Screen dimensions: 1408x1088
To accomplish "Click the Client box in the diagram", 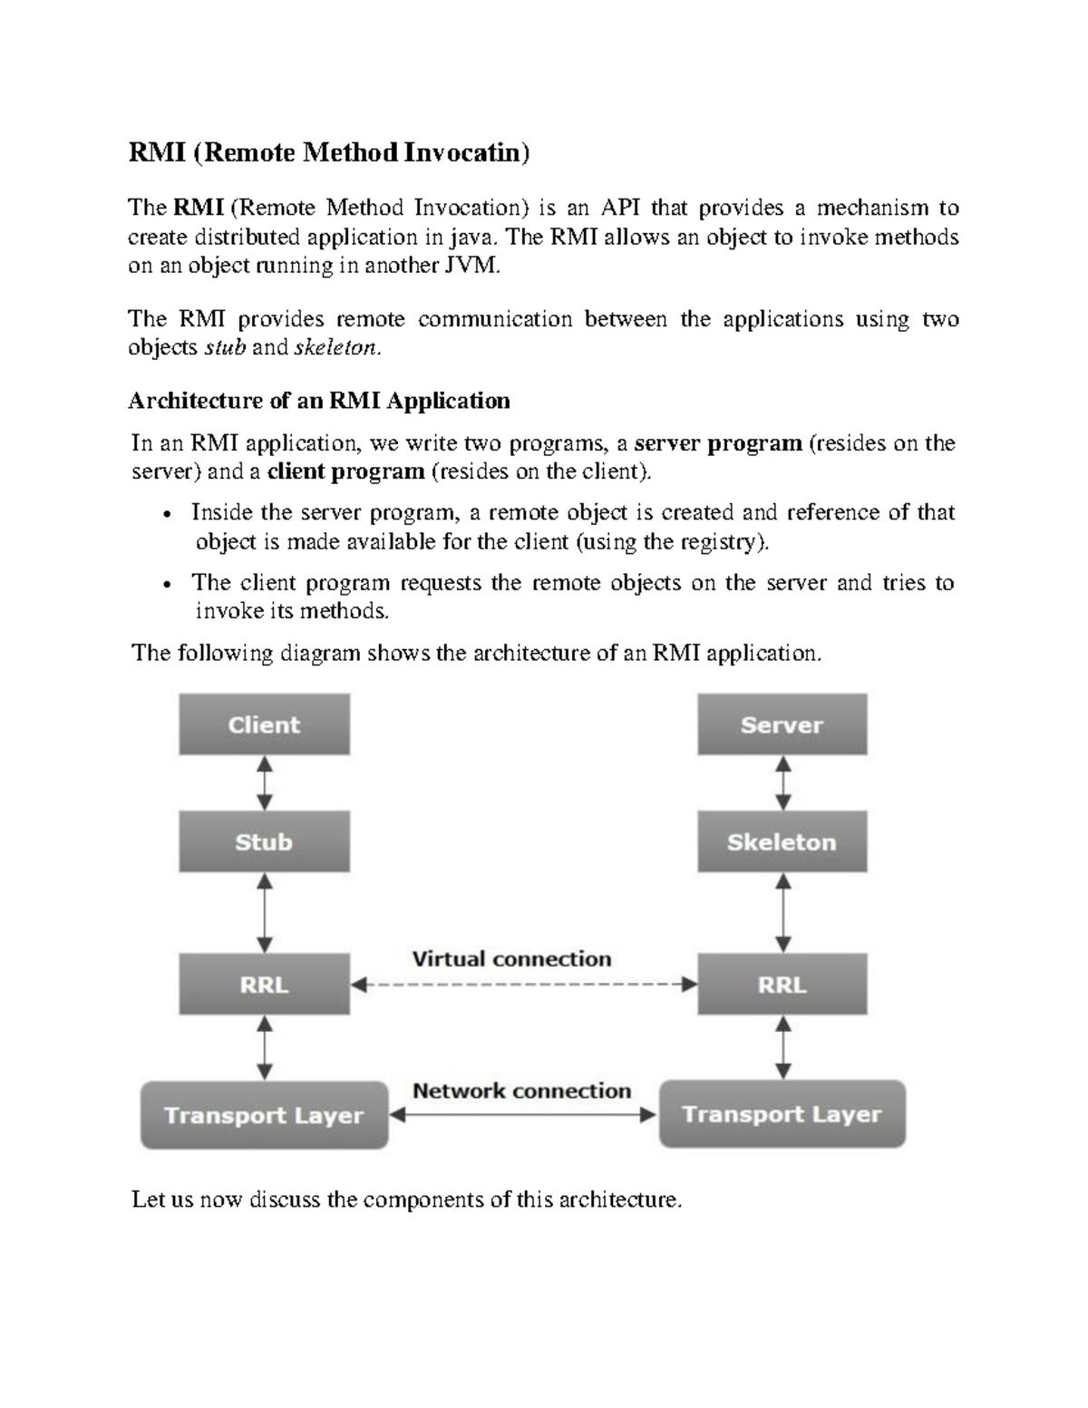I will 264,724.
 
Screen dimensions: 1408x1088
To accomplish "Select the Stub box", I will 264,841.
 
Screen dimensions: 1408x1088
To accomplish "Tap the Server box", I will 782,724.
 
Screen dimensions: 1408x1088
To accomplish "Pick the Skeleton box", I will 782,841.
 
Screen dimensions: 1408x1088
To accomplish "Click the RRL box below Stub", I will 264,984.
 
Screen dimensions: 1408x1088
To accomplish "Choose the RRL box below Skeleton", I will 782,984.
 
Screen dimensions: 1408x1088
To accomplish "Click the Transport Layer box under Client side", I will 264,1115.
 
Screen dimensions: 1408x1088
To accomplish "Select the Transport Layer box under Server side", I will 782,1114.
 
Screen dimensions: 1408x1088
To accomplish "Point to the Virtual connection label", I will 511,958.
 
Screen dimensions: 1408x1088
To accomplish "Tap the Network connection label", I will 521,1091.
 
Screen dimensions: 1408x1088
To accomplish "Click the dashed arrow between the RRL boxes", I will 523,985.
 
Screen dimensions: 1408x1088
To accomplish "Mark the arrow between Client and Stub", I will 264,782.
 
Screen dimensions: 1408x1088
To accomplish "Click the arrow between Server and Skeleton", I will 782,782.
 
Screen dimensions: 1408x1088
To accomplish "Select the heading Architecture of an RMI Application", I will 319,400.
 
